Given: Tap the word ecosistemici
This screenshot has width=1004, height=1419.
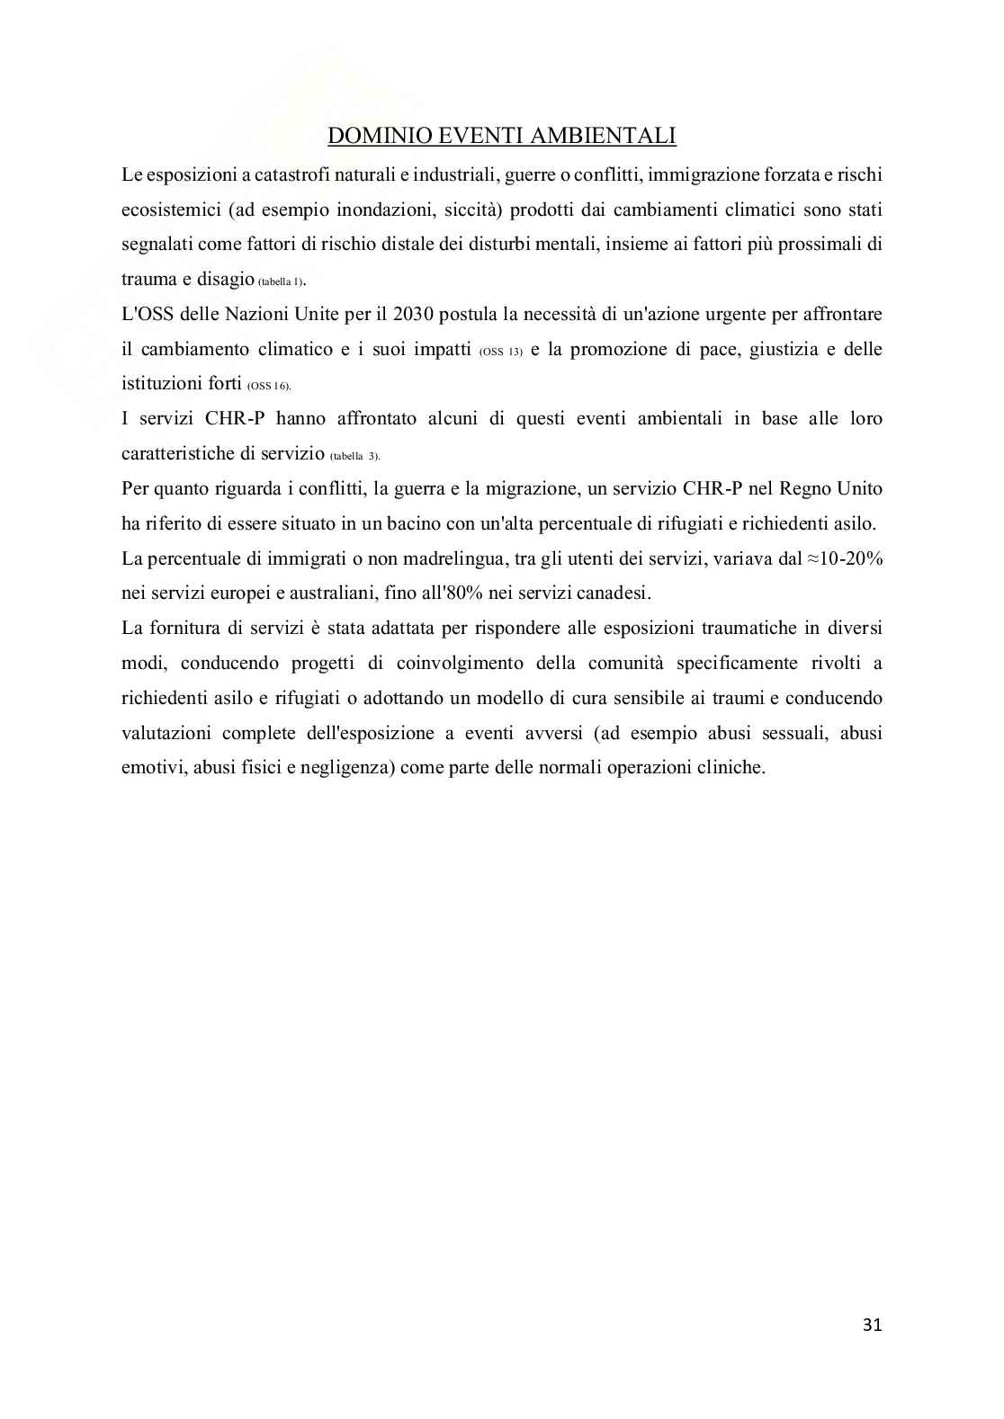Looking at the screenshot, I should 168,210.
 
